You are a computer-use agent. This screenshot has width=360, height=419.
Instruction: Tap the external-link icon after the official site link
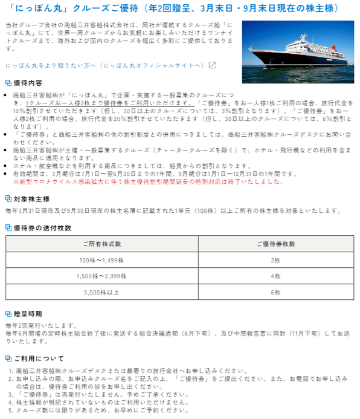(211, 65)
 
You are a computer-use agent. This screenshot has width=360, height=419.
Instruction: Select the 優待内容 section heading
(27, 83)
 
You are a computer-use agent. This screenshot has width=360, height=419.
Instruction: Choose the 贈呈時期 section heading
(27, 314)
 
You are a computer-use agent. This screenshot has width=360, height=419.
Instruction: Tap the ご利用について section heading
(38, 359)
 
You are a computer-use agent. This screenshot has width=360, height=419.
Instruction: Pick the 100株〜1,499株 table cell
(101, 260)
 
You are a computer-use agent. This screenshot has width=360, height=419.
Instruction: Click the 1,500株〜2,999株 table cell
(101, 276)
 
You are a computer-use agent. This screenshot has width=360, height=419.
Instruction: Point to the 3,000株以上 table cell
(101, 292)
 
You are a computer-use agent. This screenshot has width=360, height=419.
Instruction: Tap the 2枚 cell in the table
(275, 260)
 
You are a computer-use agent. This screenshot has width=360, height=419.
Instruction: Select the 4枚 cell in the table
(275, 276)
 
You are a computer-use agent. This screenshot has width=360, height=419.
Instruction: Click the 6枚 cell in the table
(275, 292)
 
